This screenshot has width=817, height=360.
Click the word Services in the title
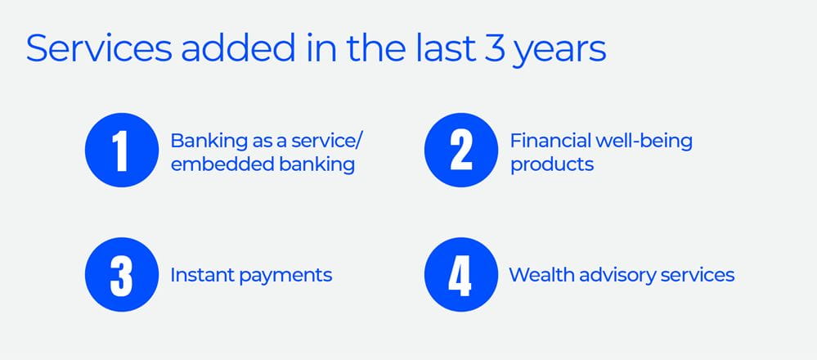(x=99, y=48)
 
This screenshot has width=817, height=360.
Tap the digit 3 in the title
(x=493, y=48)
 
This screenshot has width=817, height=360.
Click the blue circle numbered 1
(x=121, y=150)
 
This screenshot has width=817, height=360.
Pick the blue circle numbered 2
(x=461, y=150)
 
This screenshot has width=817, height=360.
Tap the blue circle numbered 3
(x=121, y=275)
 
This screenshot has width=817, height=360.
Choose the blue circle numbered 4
(x=461, y=275)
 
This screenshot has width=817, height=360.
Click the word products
(x=552, y=165)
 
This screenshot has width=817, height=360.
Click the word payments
(x=285, y=277)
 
